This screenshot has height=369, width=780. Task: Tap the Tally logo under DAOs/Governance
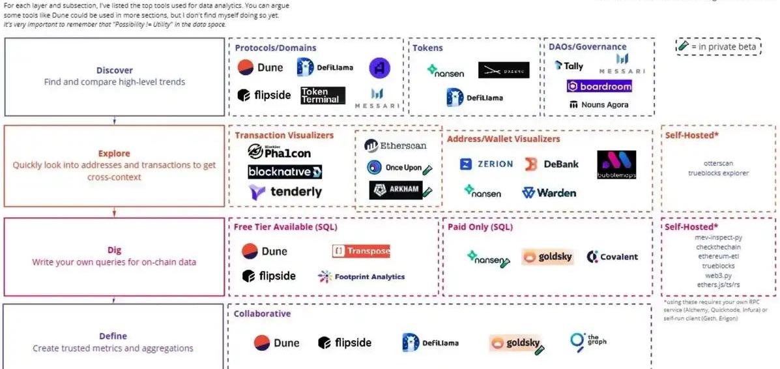point(569,66)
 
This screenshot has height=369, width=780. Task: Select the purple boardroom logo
point(599,86)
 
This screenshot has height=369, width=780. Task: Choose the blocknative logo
point(285,172)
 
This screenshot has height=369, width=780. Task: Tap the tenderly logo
point(285,192)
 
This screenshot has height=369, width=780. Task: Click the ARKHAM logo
point(396,190)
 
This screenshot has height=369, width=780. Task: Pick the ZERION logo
point(486,164)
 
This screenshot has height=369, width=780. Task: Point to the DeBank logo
point(551,164)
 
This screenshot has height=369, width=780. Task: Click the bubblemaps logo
point(616,165)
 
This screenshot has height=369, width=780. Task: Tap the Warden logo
point(549,193)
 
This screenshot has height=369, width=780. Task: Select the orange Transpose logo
point(361,251)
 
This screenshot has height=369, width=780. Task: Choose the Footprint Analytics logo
point(361,276)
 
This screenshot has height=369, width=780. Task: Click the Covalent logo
point(612,257)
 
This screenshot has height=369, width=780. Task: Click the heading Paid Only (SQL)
point(480,227)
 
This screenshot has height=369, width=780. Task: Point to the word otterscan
point(718,163)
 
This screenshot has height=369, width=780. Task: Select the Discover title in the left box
point(114,70)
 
